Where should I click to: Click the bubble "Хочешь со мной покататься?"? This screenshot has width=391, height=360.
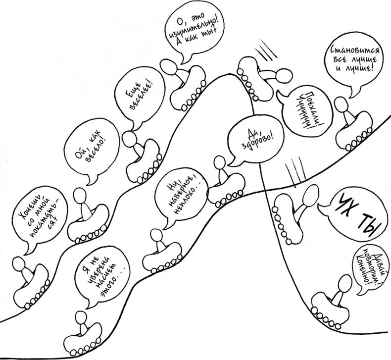point(36,216)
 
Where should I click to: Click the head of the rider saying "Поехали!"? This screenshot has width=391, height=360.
point(283,75)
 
